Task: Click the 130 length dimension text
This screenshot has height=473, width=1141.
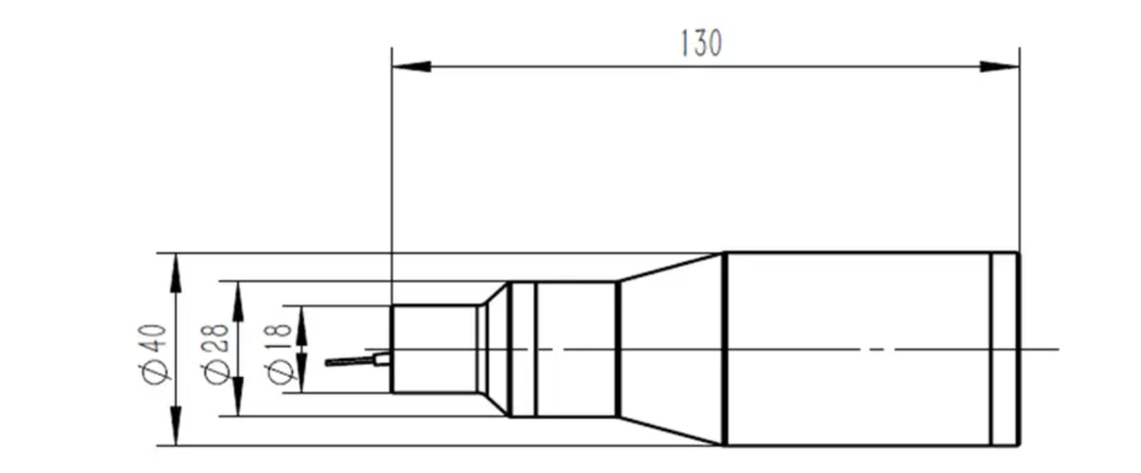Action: click(x=701, y=44)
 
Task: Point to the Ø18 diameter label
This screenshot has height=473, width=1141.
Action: click(x=280, y=352)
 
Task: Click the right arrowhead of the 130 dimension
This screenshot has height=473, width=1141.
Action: click(x=1000, y=67)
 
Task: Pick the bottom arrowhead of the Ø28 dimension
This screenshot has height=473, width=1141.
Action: click(x=239, y=400)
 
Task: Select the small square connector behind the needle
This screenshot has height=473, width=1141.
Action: click(x=382, y=359)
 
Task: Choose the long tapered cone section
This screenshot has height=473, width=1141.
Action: click(x=671, y=349)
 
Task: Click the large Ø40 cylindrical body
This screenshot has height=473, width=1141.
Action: click(x=857, y=349)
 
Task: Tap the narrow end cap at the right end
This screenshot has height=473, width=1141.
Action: click(x=1005, y=349)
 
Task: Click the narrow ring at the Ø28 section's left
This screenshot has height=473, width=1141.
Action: click(x=523, y=349)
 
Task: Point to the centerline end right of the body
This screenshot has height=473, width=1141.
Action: click(x=1055, y=350)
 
